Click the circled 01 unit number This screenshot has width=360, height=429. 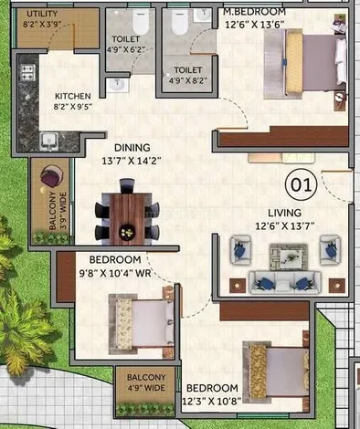tap(301, 184)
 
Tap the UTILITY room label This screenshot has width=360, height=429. tap(42, 14)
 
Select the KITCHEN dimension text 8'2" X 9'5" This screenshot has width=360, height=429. tap(73, 107)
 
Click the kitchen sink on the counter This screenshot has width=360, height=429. tap(48, 141)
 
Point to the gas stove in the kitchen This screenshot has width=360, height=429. tap(27, 73)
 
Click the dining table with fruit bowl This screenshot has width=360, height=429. tap(127, 218)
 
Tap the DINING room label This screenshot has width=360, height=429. tap(132, 148)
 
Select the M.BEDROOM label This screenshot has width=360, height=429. tap(254, 12)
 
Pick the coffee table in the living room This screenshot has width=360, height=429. tap(289, 256)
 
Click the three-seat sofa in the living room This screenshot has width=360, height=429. tap(284, 283)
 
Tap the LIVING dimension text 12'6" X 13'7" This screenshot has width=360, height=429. tap(285, 226)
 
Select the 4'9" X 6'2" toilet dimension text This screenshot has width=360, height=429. tap(125, 49)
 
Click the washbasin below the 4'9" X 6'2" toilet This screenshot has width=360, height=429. tap(118, 85)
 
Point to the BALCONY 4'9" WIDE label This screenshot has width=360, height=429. tap(146, 382)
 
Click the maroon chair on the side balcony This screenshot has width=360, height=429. tap(51, 175)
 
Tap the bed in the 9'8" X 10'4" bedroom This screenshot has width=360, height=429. tap(142, 325)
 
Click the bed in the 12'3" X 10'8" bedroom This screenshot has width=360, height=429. tap(276, 369)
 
